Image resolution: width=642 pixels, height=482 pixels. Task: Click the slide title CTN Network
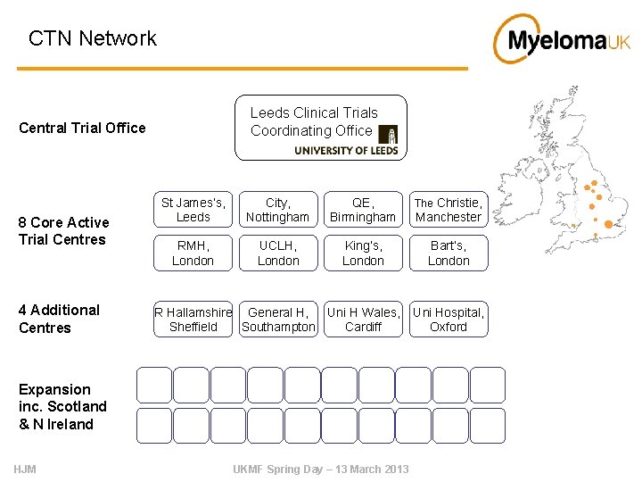(92, 38)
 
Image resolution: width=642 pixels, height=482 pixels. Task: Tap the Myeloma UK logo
(562, 40)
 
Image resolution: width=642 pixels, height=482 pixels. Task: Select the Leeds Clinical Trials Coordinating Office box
(320, 127)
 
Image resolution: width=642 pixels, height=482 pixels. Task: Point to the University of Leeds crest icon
(388, 135)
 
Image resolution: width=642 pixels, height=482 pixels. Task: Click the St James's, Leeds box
(193, 210)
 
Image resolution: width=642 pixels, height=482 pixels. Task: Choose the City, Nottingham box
(278, 210)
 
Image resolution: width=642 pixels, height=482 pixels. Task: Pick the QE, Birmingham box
(363, 210)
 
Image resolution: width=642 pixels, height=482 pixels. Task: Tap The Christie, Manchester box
(449, 210)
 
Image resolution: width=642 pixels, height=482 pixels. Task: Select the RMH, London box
(193, 253)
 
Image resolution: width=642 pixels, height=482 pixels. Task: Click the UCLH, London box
(278, 253)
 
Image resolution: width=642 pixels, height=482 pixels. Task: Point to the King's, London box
(363, 253)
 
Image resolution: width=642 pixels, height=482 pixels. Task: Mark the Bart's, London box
(449, 253)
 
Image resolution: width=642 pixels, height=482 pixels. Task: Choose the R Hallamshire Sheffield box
(193, 320)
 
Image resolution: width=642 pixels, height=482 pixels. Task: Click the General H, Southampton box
(278, 320)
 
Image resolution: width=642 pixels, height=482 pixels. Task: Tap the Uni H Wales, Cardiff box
(363, 320)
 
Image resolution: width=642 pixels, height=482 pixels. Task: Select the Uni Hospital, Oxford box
(449, 320)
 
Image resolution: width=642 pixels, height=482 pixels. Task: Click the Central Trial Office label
(82, 128)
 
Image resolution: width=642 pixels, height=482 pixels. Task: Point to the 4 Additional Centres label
(59, 319)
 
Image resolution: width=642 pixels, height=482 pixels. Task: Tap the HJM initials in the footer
(25, 469)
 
